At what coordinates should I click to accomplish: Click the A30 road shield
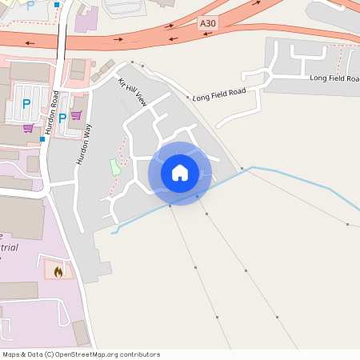click(207, 25)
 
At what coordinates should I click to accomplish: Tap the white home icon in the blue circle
click(180, 173)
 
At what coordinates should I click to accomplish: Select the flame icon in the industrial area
click(58, 271)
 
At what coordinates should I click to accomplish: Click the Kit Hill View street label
click(132, 93)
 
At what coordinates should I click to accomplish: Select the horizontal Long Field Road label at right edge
click(334, 78)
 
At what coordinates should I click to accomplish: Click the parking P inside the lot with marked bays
click(26, 103)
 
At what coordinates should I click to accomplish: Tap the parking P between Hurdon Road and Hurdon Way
click(62, 118)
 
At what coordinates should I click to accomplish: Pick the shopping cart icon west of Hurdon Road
click(28, 128)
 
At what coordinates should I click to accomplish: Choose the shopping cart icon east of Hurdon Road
click(76, 114)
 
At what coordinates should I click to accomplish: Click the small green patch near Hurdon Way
click(114, 167)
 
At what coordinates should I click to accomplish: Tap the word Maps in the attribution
click(12, 354)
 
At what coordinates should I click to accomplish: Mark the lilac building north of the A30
click(86, 18)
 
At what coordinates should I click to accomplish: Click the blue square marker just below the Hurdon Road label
click(42, 139)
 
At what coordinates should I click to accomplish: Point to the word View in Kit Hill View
click(141, 99)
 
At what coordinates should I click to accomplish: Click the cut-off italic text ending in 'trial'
click(10, 247)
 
